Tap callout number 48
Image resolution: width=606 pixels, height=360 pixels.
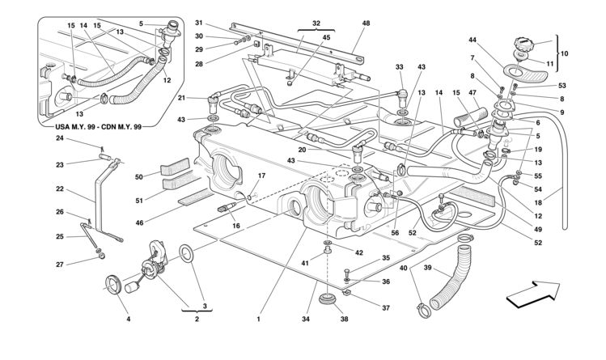pos(366,23)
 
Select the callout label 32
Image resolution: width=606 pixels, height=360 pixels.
pos(315,23)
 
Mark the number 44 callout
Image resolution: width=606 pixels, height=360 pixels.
pos(473,40)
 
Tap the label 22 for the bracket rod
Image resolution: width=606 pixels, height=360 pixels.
pos(59,188)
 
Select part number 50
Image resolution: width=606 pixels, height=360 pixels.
pos(139,176)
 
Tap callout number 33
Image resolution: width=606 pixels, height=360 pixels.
pos(400,66)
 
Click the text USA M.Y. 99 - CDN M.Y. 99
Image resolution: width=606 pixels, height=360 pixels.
pos(91,127)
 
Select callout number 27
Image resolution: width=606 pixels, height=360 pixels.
pos(59,264)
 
